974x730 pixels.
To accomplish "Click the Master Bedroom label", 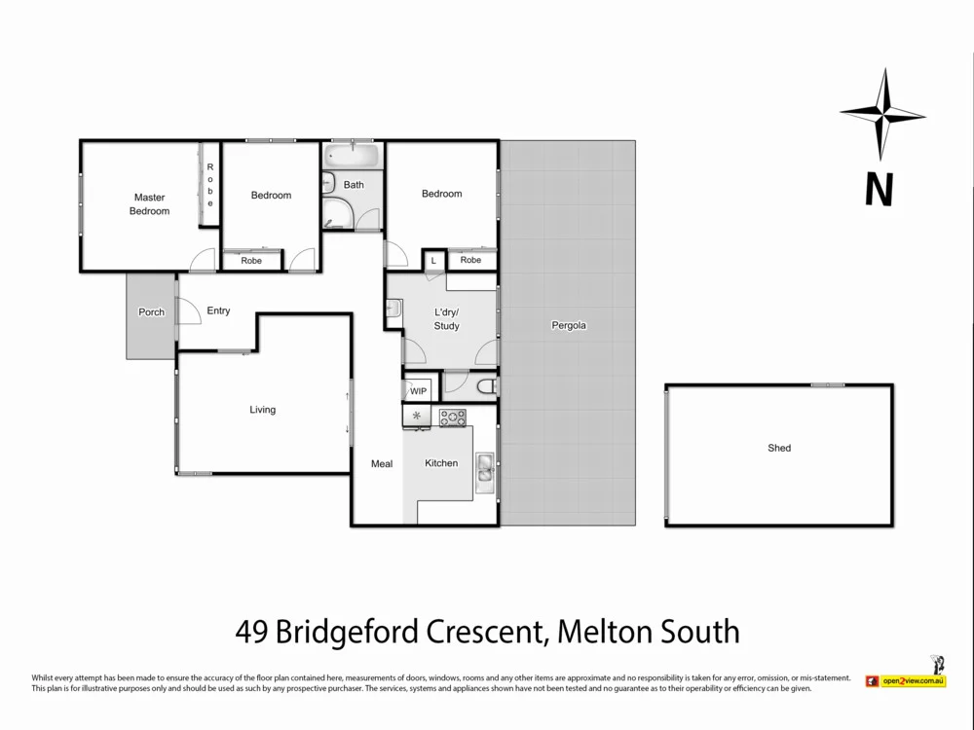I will [150, 204].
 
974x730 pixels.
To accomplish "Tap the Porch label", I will [151, 312].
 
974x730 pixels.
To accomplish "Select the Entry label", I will [218, 311].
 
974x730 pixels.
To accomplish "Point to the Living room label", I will [262, 410].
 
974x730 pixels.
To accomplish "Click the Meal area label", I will [382, 464].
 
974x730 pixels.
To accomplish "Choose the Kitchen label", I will [441, 463].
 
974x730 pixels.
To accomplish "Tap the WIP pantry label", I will [418, 391].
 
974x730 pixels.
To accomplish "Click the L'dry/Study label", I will [446, 319].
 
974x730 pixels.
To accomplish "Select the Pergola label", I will [569, 326].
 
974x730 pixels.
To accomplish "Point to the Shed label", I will [779, 449].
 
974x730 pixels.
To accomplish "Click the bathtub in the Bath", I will [354, 157].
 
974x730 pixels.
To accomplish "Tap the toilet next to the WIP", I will [487, 388].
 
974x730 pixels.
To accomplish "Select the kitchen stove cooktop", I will [453, 418].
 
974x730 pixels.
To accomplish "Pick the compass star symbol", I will [882, 115].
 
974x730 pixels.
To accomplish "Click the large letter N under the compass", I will [879, 189].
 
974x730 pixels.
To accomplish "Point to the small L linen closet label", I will [433, 261].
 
